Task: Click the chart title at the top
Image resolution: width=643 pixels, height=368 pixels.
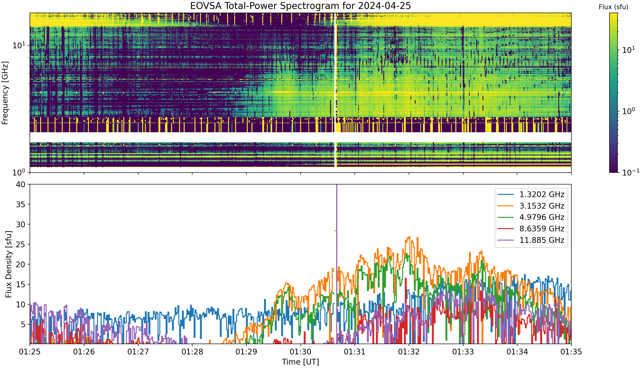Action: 301,6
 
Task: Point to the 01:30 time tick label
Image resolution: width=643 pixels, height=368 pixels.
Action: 301,352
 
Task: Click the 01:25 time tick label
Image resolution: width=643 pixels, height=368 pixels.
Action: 30,352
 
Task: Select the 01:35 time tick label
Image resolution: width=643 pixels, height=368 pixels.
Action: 571,352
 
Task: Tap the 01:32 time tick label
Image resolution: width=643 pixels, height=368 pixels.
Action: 409,352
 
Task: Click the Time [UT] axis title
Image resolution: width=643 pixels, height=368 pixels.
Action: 301,362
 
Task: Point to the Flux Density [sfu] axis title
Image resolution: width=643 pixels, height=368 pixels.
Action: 8,264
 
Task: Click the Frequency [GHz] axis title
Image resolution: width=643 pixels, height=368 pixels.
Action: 5,93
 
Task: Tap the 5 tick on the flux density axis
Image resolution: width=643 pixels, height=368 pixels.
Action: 23,324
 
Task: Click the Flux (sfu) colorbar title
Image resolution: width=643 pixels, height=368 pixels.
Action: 613,7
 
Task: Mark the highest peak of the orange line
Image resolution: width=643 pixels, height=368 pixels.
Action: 409,237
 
